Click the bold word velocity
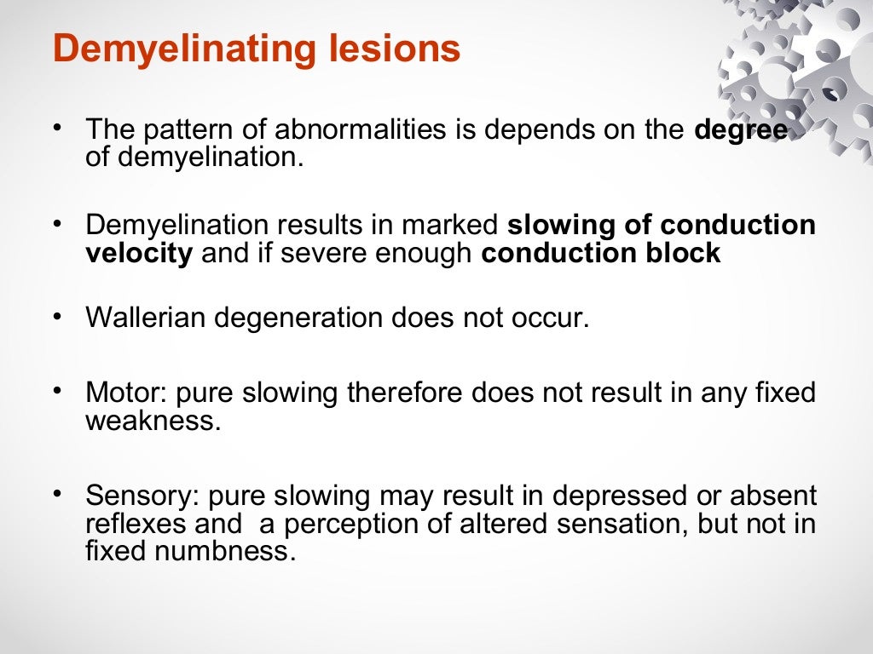point(139,254)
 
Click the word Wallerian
point(145,317)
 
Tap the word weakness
point(153,421)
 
